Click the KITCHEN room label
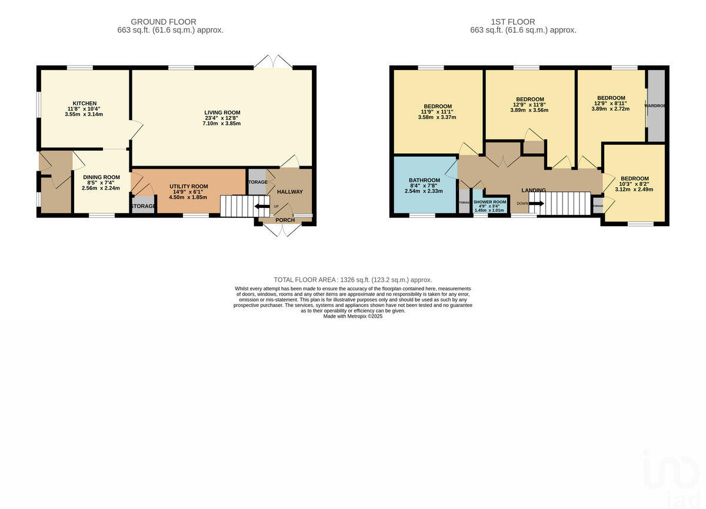tap(85, 104)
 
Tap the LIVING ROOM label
tap(222, 113)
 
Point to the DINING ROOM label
tap(101, 177)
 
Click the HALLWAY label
tap(289, 191)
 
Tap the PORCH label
tap(285, 221)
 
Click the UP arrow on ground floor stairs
tap(261, 206)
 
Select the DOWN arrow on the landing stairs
tap(535, 203)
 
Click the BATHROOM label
tap(424, 180)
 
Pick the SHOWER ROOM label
tap(489, 201)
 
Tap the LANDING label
tap(533, 190)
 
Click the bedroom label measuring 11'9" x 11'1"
tap(438, 107)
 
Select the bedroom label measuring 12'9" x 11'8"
tap(529, 100)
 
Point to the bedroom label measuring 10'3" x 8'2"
tap(634, 179)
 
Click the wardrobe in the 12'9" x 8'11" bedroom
tap(655, 106)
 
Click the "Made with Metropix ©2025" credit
tap(353, 316)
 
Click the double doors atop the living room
tap(274, 61)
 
